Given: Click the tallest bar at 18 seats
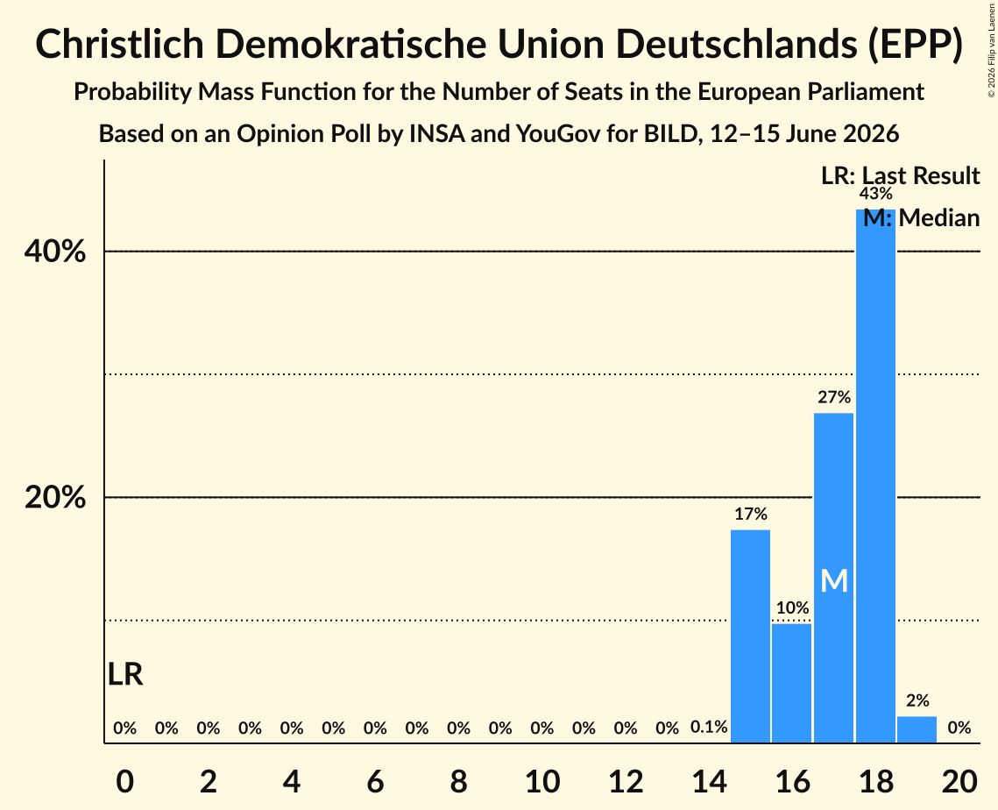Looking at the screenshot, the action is coord(875,476).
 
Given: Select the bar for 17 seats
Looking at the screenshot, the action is coord(834,578).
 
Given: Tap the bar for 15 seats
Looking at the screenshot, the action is coord(750,636).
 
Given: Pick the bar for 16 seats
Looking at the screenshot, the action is coord(792,683).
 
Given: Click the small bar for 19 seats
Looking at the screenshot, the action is coord(917,729).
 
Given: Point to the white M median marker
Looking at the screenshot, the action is coord(834,581).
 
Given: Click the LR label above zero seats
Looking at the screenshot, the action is coord(125,674).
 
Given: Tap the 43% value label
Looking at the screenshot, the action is coord(876,194).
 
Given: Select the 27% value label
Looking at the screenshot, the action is coord(834,397).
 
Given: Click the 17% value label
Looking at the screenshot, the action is coord(751,514).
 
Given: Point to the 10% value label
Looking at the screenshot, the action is coord(792,607).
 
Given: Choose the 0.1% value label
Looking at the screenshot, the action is coord(709,727).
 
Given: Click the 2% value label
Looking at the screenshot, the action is coord(917,700).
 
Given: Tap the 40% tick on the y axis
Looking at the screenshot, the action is coord(54,252).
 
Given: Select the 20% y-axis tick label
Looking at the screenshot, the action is coord(54,497).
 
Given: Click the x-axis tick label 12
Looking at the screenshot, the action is coord(626,781).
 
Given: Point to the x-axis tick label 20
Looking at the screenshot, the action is coord(959,781).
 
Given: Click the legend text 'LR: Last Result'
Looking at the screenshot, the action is coord(900,175).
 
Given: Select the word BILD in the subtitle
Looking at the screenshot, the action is coord(669,134).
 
